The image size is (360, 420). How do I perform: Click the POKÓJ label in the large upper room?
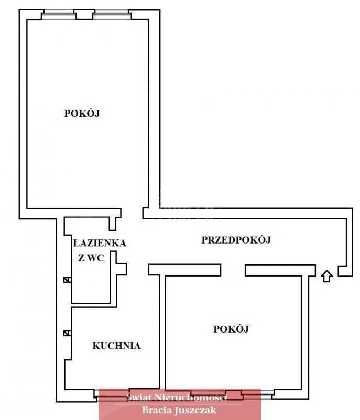82,113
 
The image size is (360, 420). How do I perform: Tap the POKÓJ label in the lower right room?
231,329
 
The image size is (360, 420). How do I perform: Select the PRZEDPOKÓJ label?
236,240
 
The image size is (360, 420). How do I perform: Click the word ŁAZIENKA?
100,243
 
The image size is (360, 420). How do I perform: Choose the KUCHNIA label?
116,346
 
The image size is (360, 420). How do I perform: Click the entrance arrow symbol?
326,275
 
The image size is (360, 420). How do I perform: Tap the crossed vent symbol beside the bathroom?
67,280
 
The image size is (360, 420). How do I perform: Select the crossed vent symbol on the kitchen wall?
67,333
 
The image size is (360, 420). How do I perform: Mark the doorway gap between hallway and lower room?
233,269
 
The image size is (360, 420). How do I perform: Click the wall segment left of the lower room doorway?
184,269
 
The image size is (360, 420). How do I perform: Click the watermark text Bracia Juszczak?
179,411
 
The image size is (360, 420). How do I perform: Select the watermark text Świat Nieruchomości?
177,397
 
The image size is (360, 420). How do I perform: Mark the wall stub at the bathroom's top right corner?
113,219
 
